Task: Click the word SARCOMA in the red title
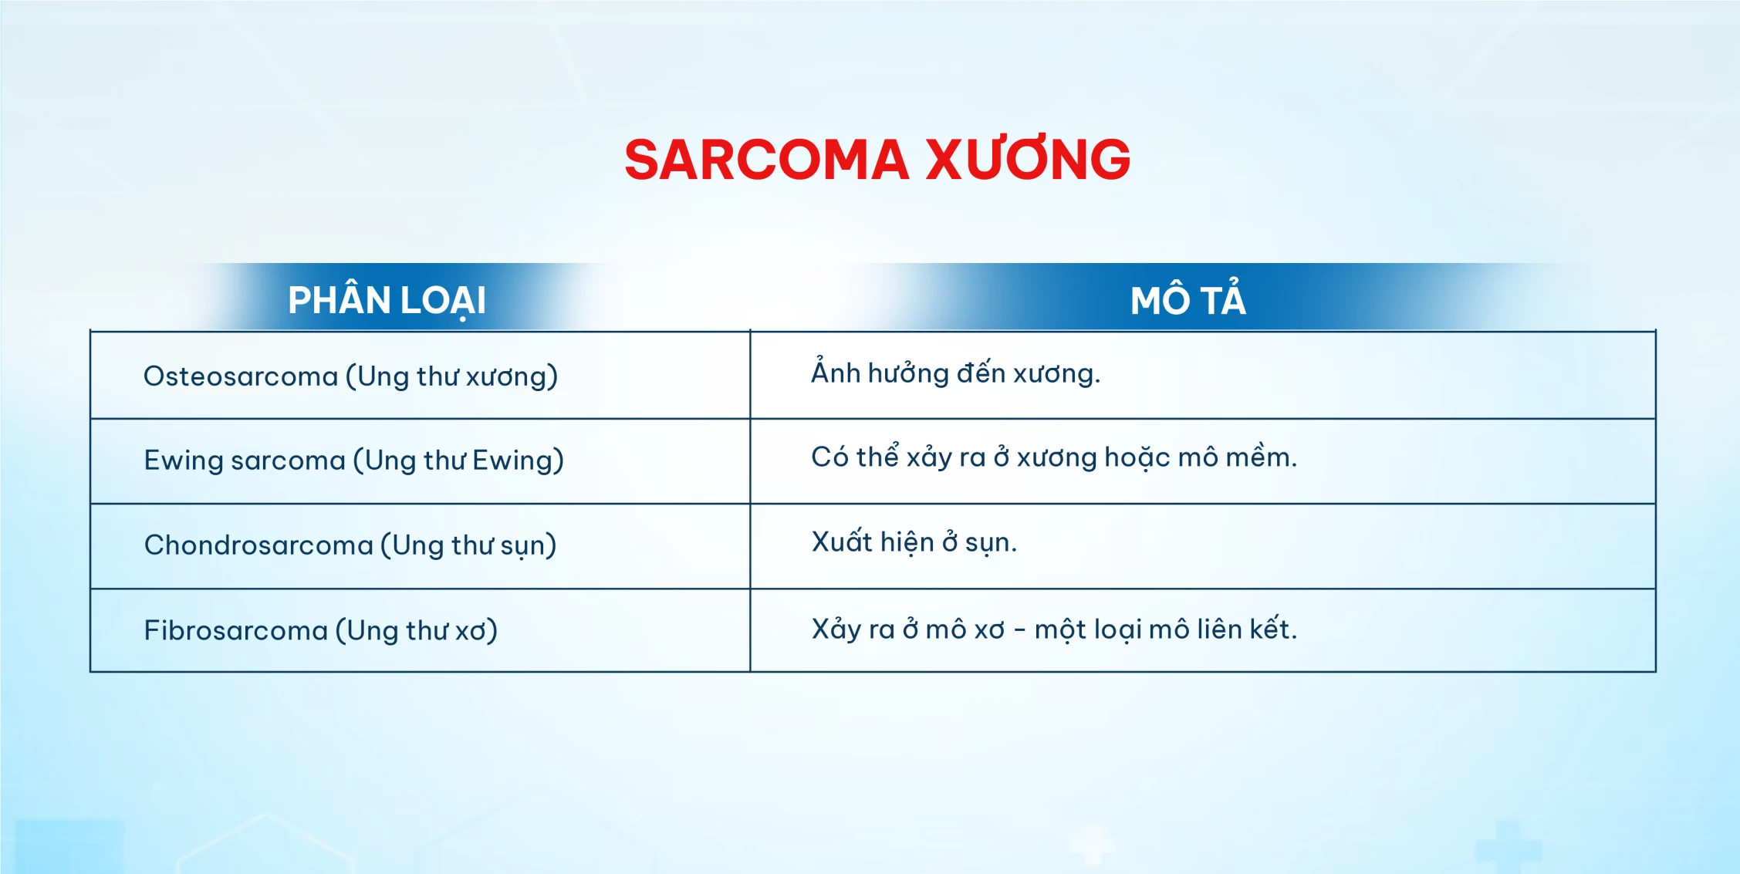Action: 766,160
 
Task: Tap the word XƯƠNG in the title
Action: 1029,159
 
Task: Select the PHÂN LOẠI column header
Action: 387,300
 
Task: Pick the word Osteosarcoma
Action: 241,376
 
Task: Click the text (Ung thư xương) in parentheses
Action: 451,376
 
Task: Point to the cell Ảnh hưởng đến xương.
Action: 955,372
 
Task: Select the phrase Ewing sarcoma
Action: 245,461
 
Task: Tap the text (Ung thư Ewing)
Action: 458,461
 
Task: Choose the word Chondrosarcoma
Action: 258,545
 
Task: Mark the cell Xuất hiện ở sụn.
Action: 914,542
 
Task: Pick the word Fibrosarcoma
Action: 236,630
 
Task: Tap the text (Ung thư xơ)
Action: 417,630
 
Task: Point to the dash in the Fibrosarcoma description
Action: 1020,630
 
